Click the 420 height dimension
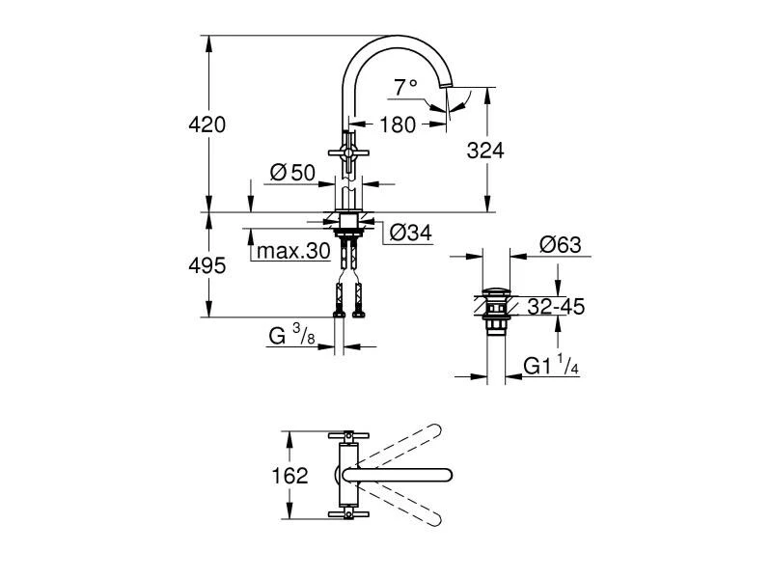coord(207,124)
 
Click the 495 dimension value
coord(207,265)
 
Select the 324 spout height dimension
coord(485,150)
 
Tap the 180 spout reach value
coord(398,124)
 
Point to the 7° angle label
coord(406,87)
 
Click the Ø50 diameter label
coord(293,173)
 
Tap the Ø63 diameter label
coord(561,245)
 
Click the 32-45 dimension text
coord(557,306)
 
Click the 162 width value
coord(290,476)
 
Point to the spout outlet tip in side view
coord(447,90)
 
